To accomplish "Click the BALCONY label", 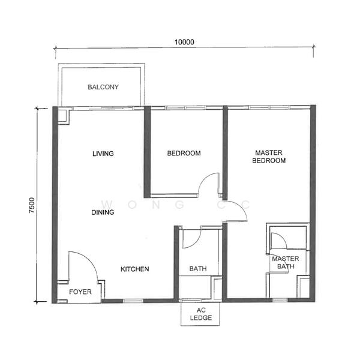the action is tap(103, 87).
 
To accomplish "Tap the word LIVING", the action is tap(103, 154).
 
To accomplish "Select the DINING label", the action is tap(103, 212).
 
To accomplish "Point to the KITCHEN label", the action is tap(135, 269).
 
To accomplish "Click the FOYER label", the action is tap(80, 292).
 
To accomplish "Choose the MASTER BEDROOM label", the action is tap(269, 157).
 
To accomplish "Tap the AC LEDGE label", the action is tap(201, 314).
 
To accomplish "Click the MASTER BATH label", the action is tap(286, 263).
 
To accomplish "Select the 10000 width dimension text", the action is tap(184, 42).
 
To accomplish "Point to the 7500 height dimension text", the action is tap(32, 205).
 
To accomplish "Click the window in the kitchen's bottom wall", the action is tap(133, 301).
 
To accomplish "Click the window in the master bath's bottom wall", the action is tap(280, 300).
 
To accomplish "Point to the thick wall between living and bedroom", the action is tap(147, 152).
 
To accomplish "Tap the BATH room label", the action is tap(198, 269).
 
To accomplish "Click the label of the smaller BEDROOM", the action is tap(184, 154).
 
